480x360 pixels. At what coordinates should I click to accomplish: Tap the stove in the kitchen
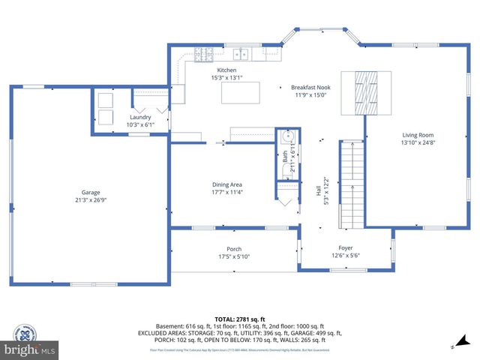point(202,54)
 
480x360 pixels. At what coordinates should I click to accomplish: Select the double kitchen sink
point(241,54)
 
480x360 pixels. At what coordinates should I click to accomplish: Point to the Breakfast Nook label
point(311,88)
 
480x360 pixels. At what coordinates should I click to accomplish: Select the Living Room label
point(418,135)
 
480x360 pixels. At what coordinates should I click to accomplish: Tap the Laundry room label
point(140,117)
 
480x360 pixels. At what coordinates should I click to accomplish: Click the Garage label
point(91,193)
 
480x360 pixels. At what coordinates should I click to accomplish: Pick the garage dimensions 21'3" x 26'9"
point(91,200)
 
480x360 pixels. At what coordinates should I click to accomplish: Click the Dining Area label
point(226,184)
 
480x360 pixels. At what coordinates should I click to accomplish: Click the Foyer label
point(345,248)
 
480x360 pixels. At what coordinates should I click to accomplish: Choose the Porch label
point(234,249)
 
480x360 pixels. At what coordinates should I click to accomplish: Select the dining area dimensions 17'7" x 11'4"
point(226,192)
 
